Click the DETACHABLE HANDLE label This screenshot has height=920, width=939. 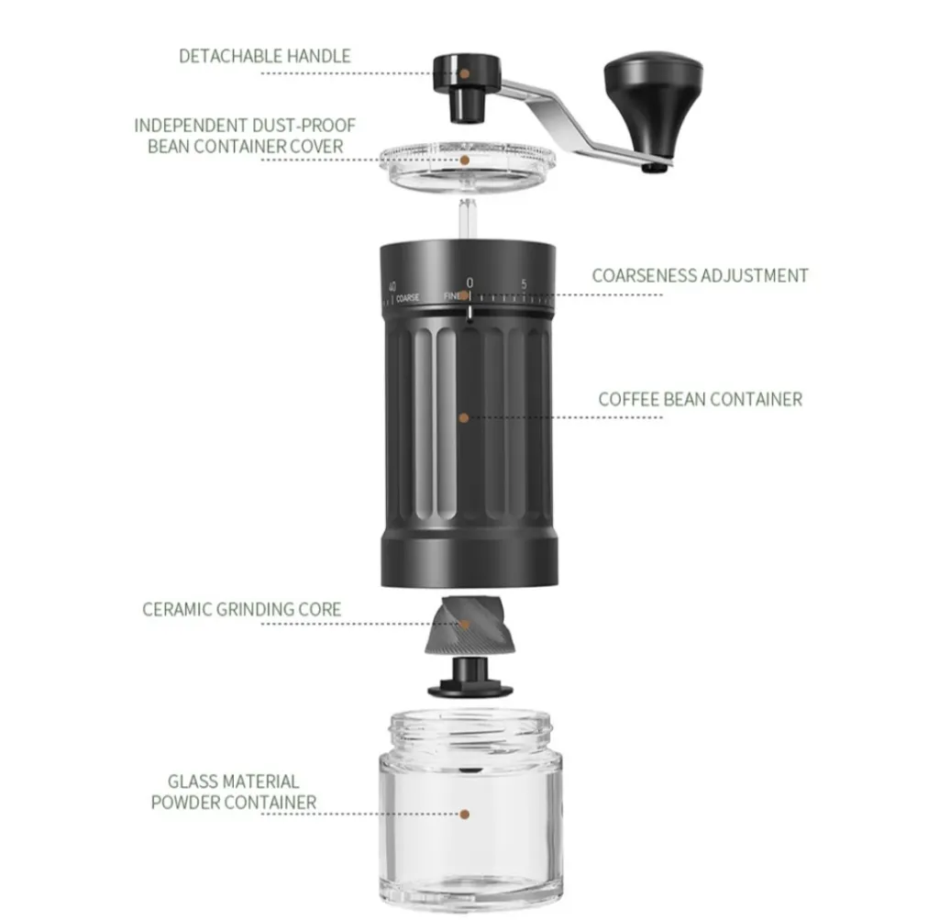[x=265, y=56]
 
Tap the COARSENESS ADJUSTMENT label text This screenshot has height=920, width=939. [x=700, y=275]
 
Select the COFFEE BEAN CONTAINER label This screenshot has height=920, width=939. [x=700, y=400]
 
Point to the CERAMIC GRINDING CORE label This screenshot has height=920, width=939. [x=241, y=609]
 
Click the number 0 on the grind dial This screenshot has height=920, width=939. [x=469, y=283]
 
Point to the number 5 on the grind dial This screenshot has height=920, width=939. [x=524, y=284]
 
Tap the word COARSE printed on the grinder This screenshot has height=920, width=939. [x=408, y=298]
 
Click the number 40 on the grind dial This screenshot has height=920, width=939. [x=392, y=286]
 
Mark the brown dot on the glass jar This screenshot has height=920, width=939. [x=465, y=814]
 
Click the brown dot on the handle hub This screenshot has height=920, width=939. [x=465, y=73]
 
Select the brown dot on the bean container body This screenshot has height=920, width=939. [x=463, y=417]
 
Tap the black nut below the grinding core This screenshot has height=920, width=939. [x=470, y=677]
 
